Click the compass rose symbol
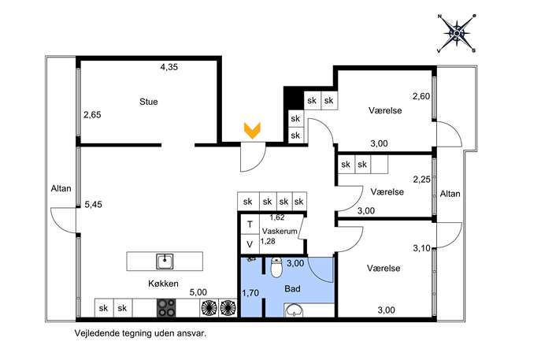pyautogui.click(x=458, y=34)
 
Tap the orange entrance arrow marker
pyautogui.click(x=252, y=131)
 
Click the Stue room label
pyautogui.click(x=149, y=102)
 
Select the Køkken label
pyautogui.click(x=163, y=284)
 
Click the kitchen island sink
pyautogui.click(x=165, y=262)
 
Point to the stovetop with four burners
pyautogui.click(x=166, y=308)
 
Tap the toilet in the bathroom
pyautogui.click(x=276, y=268)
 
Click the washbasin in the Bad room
pyautogui.click(x=294, y=310)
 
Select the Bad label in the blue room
pyautogui.click(x=292, y=288)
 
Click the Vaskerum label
pyautogui.click(x=280, y=232)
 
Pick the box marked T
pyautogui.click(x=250, y=225)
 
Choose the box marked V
pyautogui.click(x=250, y=244)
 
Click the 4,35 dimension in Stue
pyautogui.click(x=169, y=67)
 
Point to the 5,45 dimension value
pyautogui.click(x=94, y=205)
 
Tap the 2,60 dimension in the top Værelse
pyautogui.click(x=421, y=96)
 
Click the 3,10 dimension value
pyautogui.click(x=421, y=248)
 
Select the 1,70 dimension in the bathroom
pyautogui.click(x=250, y=293)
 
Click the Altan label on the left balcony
pyautogui.click(x=61, y=188)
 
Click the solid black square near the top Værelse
pyautogui.click(x=294, y=98)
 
